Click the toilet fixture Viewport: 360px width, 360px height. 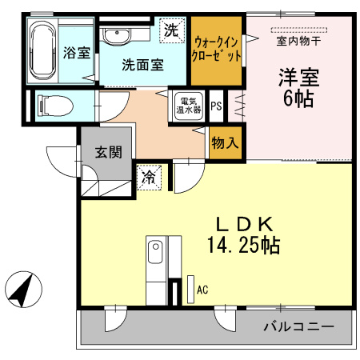[x=55, y=105]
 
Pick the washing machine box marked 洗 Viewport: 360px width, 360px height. [x=171, y=31]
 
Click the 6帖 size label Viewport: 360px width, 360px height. [x=298, y=100]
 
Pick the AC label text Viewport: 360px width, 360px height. [x=202, y=289]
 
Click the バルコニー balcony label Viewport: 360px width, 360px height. [x=298, y=326]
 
